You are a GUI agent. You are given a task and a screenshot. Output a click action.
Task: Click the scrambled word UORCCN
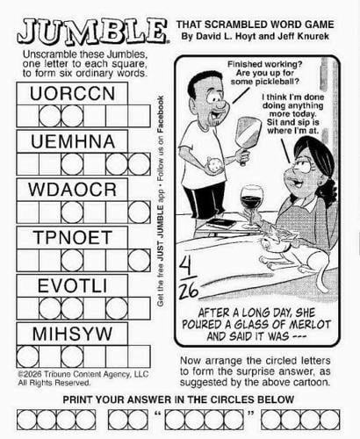tap(72, 94)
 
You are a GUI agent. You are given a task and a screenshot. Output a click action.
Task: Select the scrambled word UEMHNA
tap(73, 141)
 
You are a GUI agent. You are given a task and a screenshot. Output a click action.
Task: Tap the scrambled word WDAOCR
tap(72, 190)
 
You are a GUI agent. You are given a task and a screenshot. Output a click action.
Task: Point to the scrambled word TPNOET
tap(72, 237)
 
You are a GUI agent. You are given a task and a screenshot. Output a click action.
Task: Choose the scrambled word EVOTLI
tap(72, 285)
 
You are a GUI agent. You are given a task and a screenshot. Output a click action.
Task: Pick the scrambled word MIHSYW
tap(72, 334)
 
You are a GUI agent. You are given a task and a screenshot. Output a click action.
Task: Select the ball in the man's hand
tap(215, 165)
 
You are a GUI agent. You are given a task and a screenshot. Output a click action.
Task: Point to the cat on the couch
tap(292, 254)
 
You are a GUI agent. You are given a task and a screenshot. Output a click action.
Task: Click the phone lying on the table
tap(221, 224)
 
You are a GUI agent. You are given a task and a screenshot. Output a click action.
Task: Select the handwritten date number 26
tap(189, 291)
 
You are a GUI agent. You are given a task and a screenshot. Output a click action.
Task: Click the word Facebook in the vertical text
tap(161, 115)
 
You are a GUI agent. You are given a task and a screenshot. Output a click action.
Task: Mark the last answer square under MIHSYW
tap(140, 356)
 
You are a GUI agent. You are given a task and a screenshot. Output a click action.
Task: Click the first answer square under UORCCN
tap(27, 116)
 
